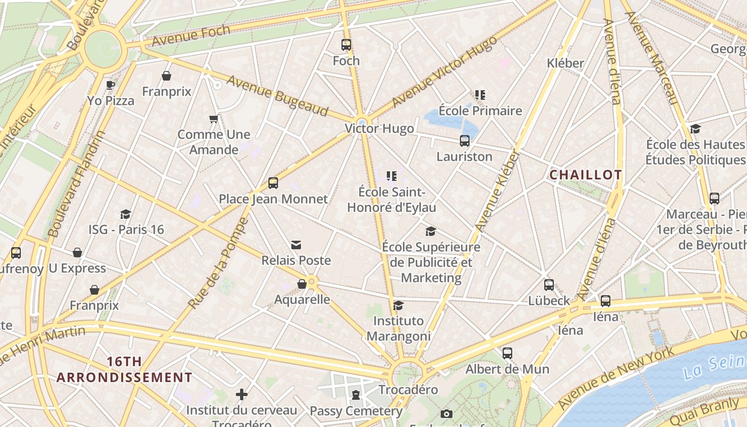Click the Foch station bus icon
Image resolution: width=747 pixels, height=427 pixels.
[x=346, y=45]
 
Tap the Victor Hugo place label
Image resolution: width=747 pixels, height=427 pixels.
[x=379, y=129]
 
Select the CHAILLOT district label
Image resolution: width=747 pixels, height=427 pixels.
[x=585, y=175]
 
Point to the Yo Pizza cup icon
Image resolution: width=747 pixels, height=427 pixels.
[x=110, y=84]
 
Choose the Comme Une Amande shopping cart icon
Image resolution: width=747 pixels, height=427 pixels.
[x=214, y=118]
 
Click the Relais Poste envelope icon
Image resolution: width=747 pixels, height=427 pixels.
[x=296, y=244]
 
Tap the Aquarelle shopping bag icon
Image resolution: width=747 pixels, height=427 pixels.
[x=302, y=284]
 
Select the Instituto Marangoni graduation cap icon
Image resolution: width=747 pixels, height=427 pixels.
[x=398, y=305]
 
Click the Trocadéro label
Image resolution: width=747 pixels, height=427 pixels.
[x=408, y=390]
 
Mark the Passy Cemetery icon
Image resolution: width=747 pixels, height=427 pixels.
[x=356, y=395]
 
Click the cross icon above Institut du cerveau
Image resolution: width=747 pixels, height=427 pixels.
[x=242, y=394]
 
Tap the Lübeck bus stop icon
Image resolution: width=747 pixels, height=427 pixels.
[x=549, y=285]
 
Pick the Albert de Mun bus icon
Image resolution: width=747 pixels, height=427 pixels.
[x=507, y=353]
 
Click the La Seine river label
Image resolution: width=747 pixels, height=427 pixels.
[x=715, y=366]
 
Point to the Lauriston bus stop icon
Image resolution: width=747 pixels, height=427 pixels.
[x=465, y=141]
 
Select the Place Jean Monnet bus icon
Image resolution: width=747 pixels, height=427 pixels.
[x=273, y=183]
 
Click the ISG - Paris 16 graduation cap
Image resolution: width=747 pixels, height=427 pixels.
[x=126, y=214]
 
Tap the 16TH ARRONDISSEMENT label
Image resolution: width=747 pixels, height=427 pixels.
[x=124, y=369]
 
